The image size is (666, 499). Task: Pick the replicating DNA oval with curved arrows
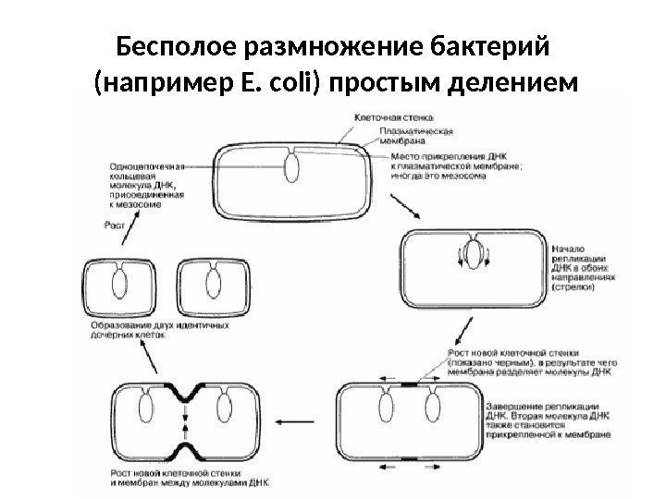pyautogui.click(x=474, y=255)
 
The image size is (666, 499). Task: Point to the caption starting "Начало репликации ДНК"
pyautogui.click(x=579, y=268)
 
